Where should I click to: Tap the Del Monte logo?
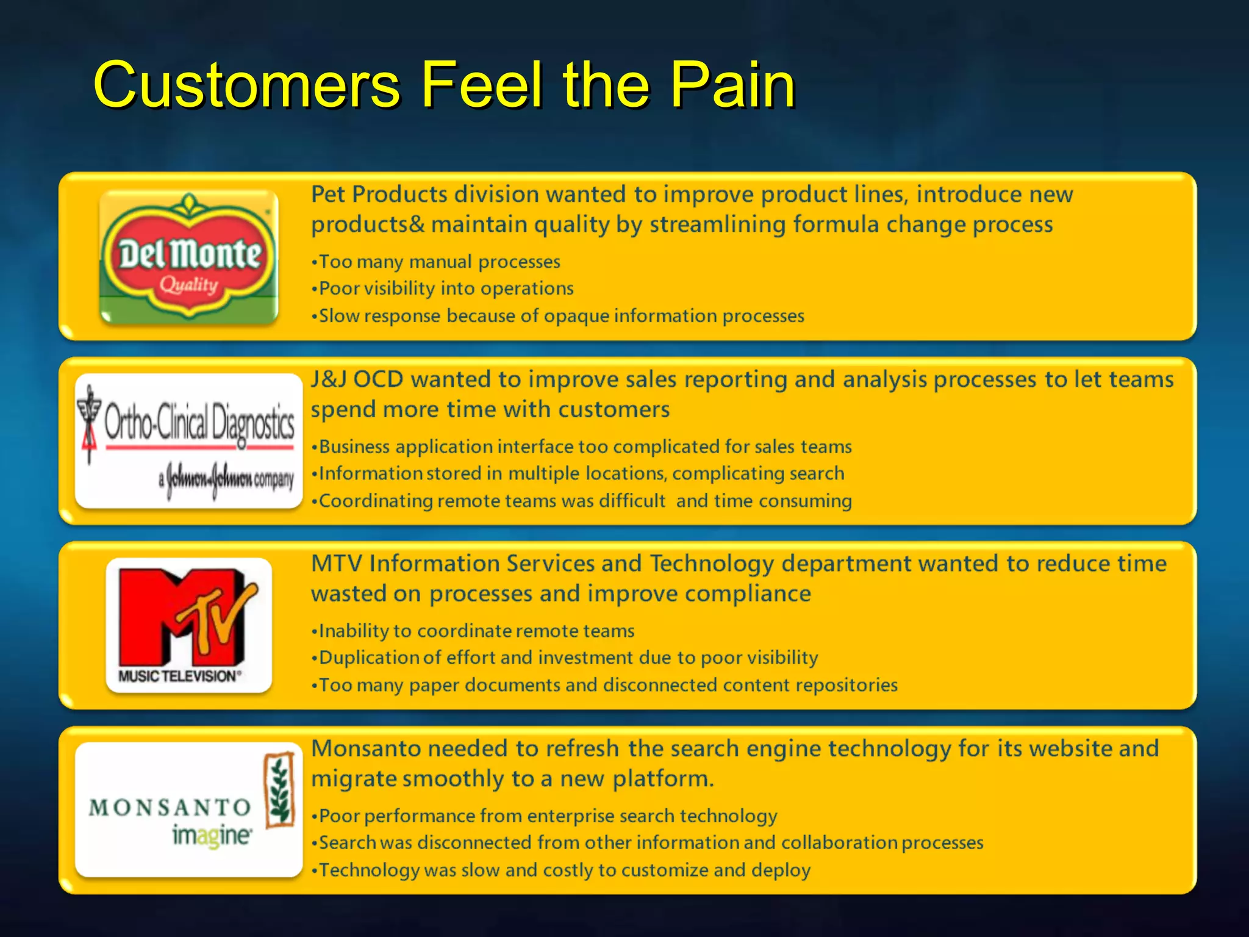pos(189,256)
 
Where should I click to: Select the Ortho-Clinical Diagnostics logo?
pos(189,440)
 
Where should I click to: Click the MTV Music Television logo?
pos(189,625)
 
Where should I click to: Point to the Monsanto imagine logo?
pos(189,810)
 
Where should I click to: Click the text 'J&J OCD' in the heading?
pos(357,379)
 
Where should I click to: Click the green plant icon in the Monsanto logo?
pos(280,790)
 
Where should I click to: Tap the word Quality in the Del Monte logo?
pos(189,285)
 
